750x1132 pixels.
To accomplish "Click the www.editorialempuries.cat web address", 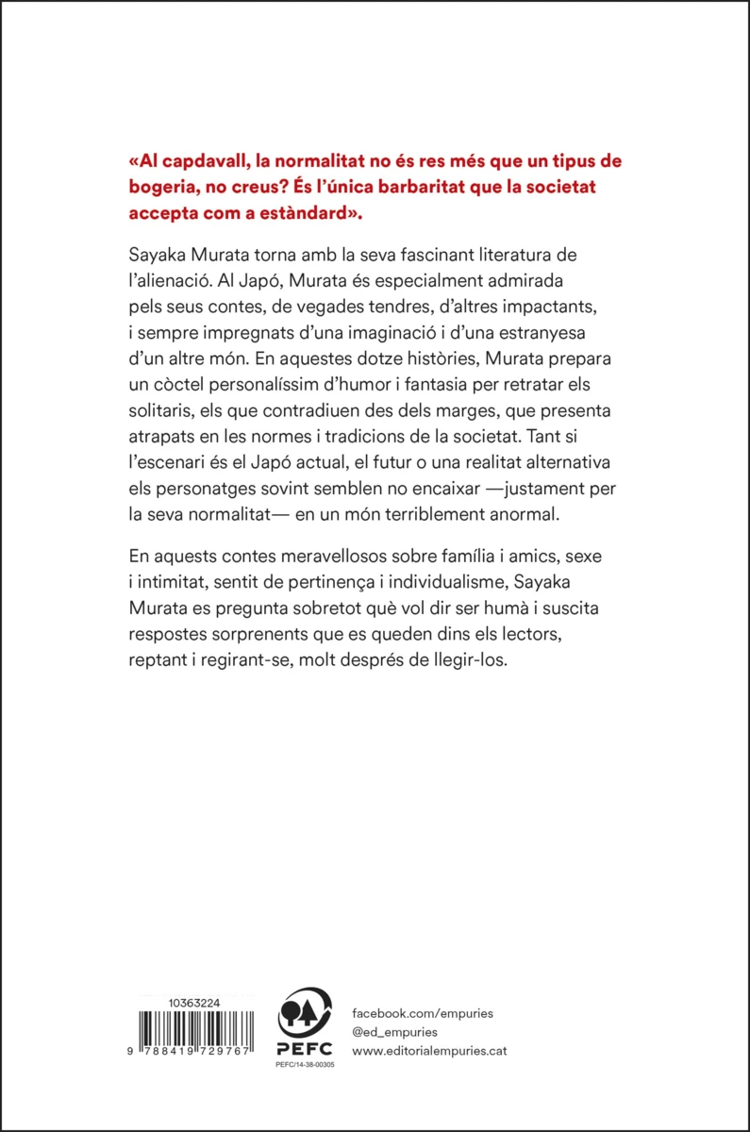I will click(435, 1051).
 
